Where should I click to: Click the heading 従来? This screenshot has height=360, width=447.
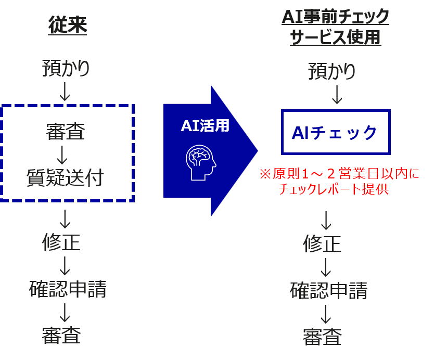click(68, 25)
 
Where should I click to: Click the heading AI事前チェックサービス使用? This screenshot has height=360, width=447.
click(336, 27)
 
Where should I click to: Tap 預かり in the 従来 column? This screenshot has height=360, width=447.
click(66, 68)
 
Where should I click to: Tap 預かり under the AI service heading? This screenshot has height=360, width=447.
click(332, 71)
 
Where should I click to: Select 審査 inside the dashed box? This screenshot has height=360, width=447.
click(66, 132)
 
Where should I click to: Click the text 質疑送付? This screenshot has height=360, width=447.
click(65, 177)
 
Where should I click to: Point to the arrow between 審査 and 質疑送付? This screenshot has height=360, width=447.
click(62, 155)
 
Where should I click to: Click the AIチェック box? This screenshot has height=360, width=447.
click(336, 132)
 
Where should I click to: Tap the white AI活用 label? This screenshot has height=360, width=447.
click(205, 125)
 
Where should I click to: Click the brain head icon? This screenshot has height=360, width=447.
click(201, 162)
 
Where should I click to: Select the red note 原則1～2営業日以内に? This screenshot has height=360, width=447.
click(339, 174)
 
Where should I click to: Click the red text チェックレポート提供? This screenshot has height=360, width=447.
click(334, 189)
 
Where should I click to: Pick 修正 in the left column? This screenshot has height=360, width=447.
click(61, 242)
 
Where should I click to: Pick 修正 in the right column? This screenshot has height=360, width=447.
click(322, 243)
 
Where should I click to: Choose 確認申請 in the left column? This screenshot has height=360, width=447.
click(68, 289)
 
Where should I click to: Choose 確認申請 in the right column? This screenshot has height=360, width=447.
click(329, 290)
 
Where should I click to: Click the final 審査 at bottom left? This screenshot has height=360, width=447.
click(61, 335)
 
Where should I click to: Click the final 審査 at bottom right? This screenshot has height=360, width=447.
click(322, 337)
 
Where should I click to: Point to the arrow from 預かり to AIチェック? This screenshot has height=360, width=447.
click(337, 95)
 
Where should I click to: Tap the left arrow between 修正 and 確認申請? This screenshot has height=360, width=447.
click(65, 266)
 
